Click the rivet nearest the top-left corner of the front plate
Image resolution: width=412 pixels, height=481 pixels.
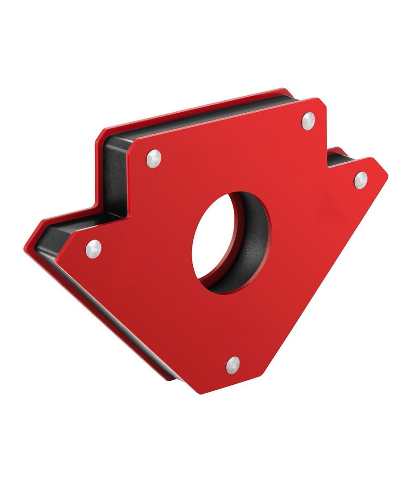click(x=154, y=159)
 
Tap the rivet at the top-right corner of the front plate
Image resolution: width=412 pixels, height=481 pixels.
click(x=309, y=120)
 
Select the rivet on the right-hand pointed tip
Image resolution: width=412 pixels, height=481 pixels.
click(x=361, y=180)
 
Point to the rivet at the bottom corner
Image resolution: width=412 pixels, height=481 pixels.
click(x=233, y=365)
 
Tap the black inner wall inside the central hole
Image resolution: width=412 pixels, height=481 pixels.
click(x=249, y=247)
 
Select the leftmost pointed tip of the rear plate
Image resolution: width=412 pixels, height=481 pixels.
click(x=27, y=247)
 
